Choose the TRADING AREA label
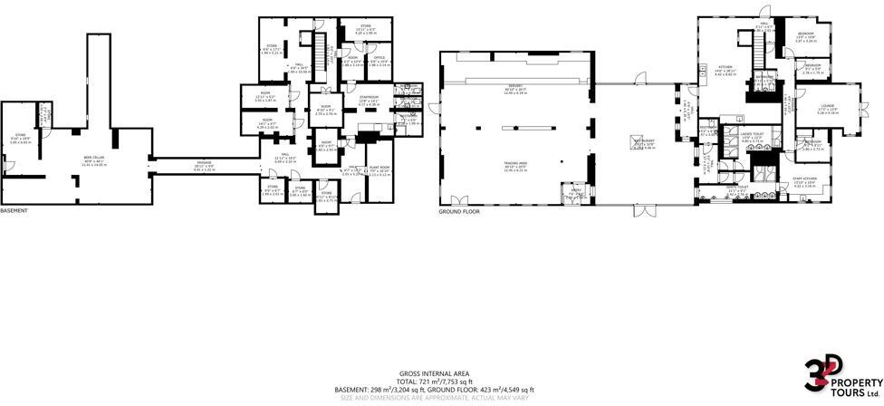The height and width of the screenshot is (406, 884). (515, 166)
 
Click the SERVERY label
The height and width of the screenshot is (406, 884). (515, 90)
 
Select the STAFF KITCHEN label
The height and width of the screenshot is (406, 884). (805, 181)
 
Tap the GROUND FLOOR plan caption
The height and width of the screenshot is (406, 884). (458, 211)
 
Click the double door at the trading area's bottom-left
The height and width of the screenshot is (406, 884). (459, 201)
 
